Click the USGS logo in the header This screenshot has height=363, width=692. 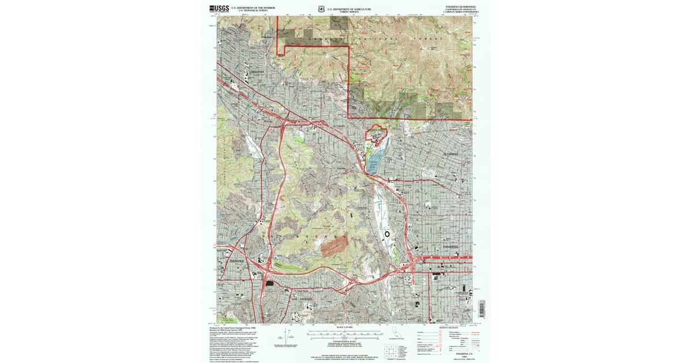(219, 9)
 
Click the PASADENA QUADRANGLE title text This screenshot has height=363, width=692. (458, 7)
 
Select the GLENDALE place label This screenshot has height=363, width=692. (237, 260)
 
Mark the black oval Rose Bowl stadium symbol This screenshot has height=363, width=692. (387, 234)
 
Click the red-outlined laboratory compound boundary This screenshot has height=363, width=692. (377, 134)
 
